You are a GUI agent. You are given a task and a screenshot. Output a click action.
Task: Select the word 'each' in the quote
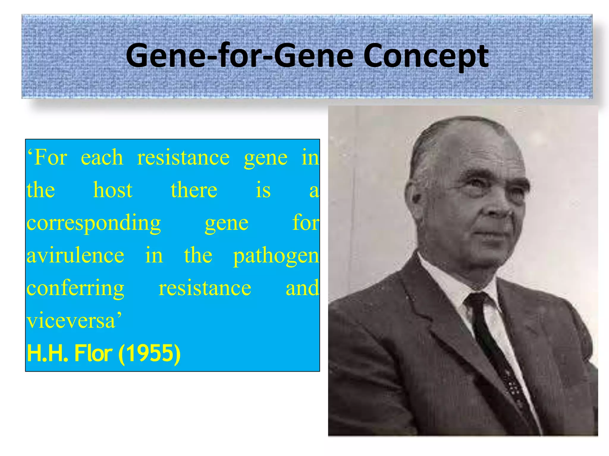[102, 157]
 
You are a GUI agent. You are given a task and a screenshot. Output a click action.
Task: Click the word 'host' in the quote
[113, 190]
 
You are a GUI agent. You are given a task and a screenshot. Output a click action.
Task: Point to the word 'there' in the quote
[194, 190]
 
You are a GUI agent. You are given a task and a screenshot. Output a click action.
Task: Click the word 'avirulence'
[76, 255]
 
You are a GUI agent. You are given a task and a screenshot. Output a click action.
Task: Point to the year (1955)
[149, 353]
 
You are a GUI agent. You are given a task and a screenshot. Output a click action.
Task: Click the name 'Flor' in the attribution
[93, 353]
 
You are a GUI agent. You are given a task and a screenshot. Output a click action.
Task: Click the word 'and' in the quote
[302, 288]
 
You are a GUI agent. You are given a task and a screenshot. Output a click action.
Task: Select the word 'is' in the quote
[263, 190]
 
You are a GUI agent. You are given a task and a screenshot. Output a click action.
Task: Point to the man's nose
[500, 208]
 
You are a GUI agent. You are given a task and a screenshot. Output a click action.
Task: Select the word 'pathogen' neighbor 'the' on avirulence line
[198, 255]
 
